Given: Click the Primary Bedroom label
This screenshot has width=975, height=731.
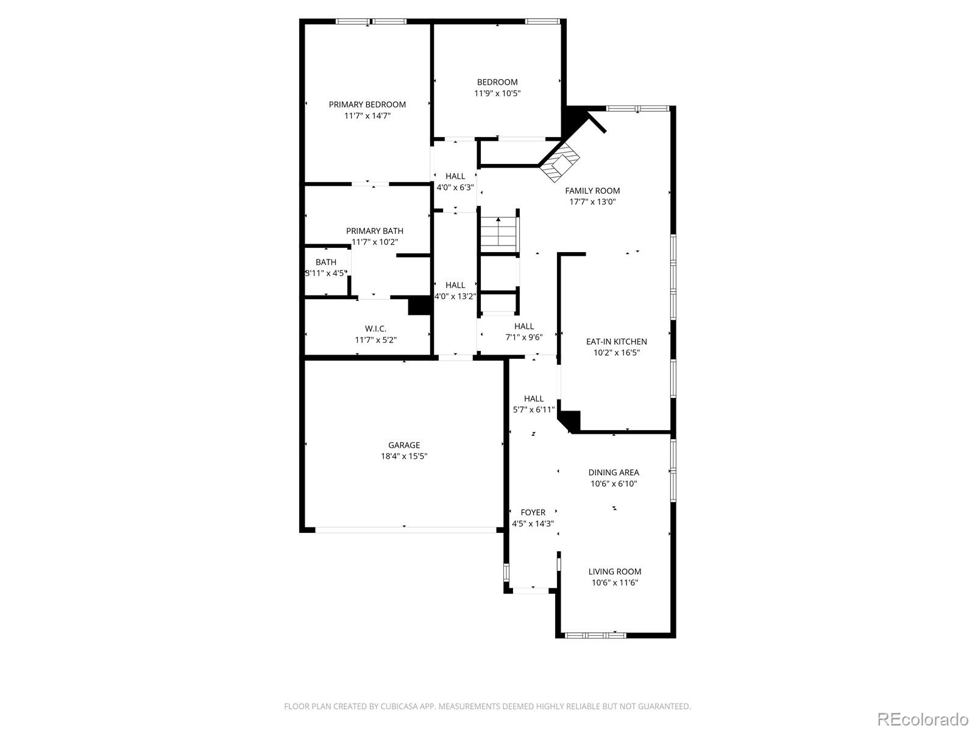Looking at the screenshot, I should coord(367,104).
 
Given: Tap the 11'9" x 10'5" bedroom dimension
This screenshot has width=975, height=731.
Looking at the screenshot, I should coord(497,93).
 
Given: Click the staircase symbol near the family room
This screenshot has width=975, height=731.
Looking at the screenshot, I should coord(499,233).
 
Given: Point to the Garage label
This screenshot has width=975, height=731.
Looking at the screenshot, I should coord(404,445).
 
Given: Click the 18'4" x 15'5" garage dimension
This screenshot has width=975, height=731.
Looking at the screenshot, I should coord(404,456).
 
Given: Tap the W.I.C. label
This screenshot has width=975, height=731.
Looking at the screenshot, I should coord(375,329).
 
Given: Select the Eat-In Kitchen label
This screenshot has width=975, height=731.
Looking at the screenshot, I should coord(616,342).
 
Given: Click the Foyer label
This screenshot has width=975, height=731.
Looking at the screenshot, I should coord(533,512).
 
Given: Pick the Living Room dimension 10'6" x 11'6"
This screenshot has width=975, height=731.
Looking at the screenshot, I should coord(614,583).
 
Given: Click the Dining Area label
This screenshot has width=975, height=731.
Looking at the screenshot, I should coord(613,472).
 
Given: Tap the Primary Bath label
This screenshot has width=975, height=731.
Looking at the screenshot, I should coord(374,231).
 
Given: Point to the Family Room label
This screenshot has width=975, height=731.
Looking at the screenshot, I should coord(592,191).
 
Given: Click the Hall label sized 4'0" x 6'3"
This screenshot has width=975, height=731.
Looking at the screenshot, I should coord(455,177).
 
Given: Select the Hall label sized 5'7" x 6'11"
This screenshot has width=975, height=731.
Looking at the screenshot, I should coord(533,399).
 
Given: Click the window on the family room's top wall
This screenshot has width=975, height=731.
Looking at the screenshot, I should coord(637,108).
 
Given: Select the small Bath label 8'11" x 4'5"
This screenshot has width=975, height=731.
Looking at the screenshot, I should coord(325,263).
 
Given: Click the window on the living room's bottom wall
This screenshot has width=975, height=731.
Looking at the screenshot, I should coord(595,635).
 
